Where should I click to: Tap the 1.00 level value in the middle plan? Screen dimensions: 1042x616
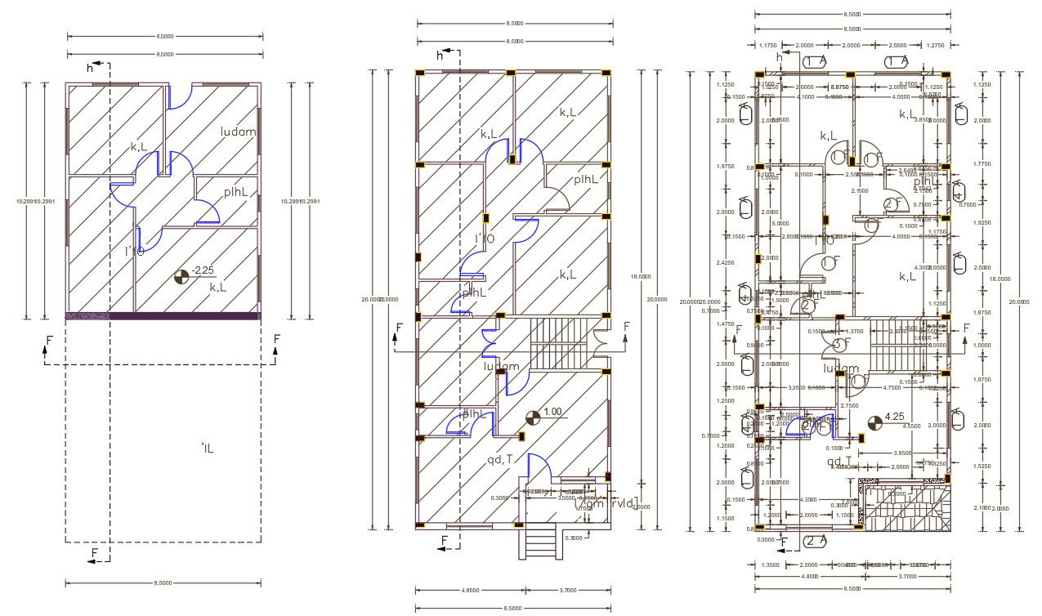pos(553,411)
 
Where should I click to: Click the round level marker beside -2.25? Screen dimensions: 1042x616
pos(182,278)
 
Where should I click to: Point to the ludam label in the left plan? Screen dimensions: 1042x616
pos(238,132)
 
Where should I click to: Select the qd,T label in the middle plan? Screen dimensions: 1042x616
pos(500,460)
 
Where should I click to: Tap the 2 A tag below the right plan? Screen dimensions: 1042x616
pos(814,541)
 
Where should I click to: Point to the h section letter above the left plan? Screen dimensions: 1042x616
pos(90,68)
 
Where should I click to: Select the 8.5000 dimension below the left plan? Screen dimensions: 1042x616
pos(164,583)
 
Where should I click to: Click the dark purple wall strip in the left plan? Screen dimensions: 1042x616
pos(163,315)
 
